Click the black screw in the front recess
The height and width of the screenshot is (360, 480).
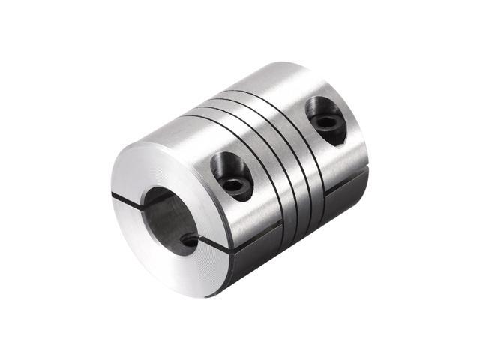point(236,184)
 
